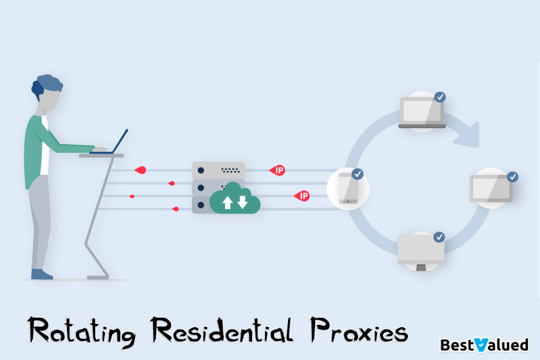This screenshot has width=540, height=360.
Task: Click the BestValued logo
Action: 484,344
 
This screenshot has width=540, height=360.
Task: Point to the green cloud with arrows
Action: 234,200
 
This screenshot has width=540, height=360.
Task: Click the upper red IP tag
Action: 277,170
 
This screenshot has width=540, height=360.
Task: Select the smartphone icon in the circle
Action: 346,188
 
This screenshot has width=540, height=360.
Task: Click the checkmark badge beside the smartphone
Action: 357,174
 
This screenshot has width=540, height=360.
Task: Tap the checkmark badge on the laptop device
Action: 440,97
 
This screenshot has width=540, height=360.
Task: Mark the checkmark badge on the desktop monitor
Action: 439,237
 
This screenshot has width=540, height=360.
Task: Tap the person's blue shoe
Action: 41,274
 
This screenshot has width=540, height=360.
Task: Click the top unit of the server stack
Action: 218,170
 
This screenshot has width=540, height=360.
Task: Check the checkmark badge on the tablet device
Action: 512,177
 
